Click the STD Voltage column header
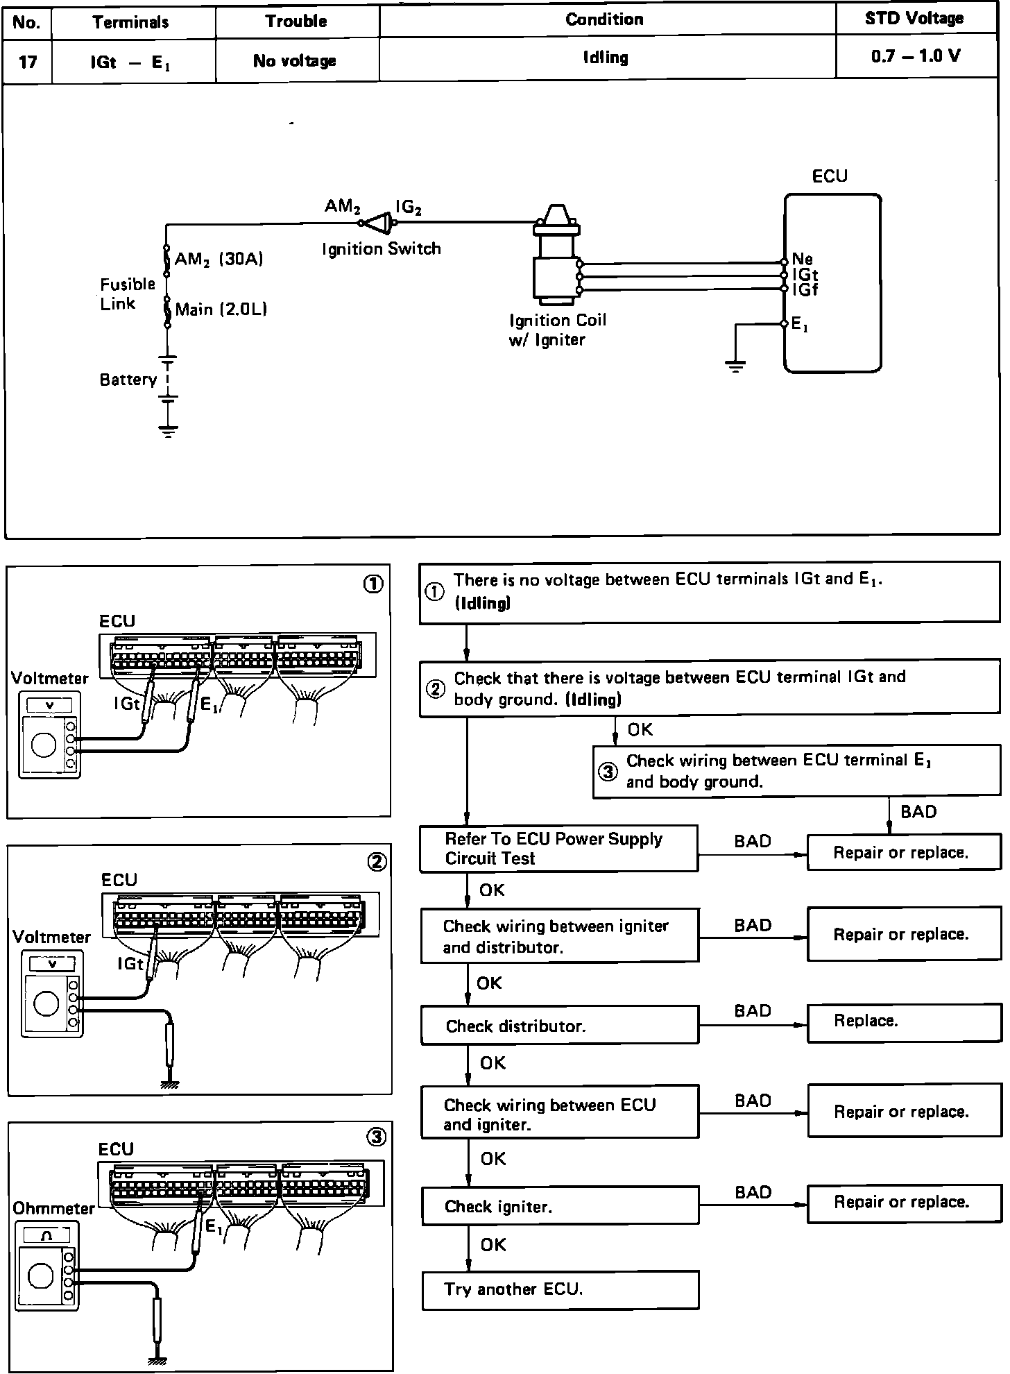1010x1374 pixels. pos(914,19)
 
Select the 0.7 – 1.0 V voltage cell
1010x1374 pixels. pos(916,56)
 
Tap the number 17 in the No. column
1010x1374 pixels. pos(27,62)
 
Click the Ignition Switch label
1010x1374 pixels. pos(381,248)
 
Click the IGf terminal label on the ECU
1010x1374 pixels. pos(805,290)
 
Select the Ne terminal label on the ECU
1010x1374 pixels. pos(802,260)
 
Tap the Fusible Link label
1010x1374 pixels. pos(127,294)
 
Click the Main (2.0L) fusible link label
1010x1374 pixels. pos(221,309)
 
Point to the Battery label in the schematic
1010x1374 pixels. pos(128,380)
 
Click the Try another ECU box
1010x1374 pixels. pos(560,1289)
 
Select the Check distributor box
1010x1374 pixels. pos(559,1026)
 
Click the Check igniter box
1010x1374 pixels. pos(560,1207)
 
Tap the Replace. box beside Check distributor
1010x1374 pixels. pos(903,1021)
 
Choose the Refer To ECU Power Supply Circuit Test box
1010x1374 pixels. pos(558,849)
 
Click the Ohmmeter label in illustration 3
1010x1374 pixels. pos(53,1208)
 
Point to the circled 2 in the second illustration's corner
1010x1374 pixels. pos(376,862)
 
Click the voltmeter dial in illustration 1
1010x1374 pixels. pos(44,745)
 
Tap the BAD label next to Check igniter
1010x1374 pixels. pos(753,1192)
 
